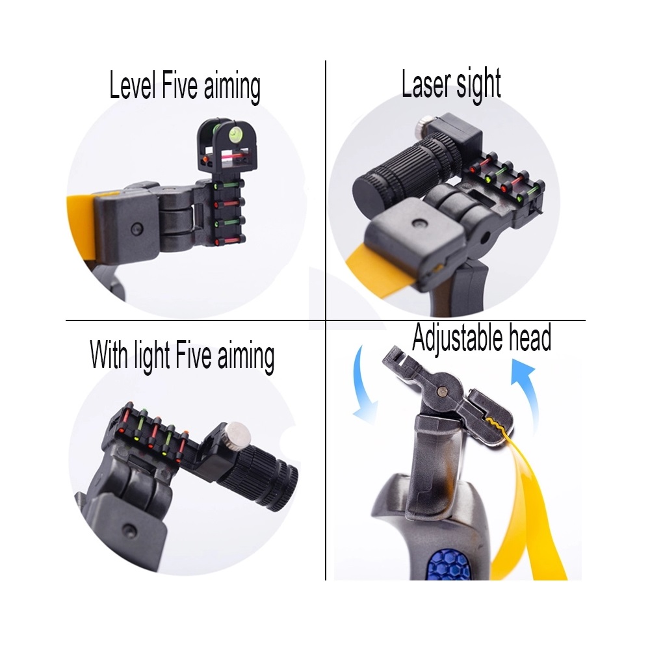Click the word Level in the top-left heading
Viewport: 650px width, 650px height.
(133, 85)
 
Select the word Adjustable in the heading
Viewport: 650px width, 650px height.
(458, 338)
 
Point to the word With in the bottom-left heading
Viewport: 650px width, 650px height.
(109, 355)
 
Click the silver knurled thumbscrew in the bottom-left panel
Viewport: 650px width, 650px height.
(238, 434)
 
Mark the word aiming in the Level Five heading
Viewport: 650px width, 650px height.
(232, 88)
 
